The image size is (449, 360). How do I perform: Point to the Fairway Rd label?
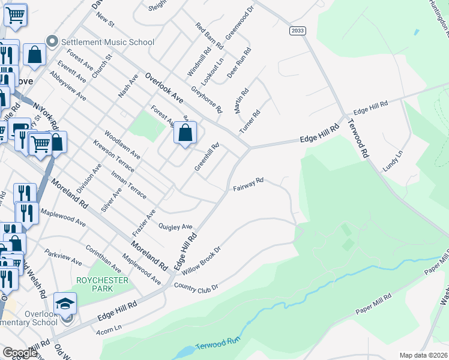click(x=249, y=184)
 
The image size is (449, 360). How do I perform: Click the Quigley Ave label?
click(x=175, y=227)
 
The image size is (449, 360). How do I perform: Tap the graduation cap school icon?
click(x=65, y=304)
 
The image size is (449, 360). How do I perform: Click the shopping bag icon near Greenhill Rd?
click(x=185, y=133)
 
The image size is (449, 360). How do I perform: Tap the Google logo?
click(x=20, y=353)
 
